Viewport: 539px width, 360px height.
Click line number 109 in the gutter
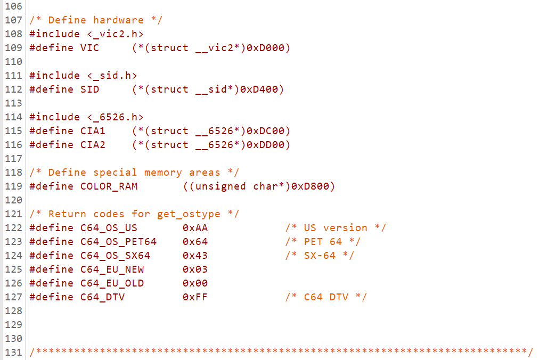(13, 48)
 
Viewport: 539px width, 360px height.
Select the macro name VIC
(89, 48)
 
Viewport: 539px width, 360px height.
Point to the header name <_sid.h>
(112, 76)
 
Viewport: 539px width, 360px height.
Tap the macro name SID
(89, 89)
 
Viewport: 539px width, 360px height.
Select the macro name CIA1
(93, 131)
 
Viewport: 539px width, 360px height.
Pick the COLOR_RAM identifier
(109, 186)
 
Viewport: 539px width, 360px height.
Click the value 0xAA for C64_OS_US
(195, 228)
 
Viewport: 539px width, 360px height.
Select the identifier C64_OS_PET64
(118, 242)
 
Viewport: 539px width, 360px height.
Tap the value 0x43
(195, 256)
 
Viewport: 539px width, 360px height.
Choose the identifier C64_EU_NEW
(112, 269)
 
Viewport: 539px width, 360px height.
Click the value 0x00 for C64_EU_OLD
(195, 283)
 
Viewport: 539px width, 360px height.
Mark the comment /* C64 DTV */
(326, 297)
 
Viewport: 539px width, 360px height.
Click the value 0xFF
(195, 297)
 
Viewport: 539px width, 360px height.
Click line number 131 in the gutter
(13, 353)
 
